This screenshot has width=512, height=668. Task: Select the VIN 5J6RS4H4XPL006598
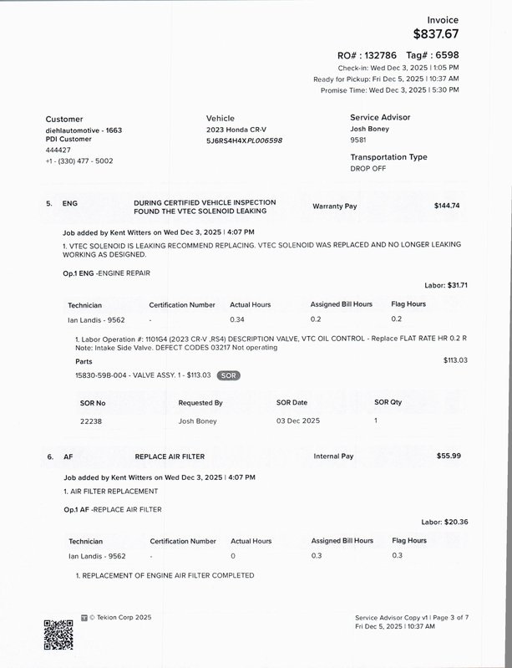(x=244, y=140)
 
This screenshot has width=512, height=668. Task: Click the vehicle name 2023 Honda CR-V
(x=236, y=130)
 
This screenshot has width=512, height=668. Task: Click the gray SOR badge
(x=228, y=375)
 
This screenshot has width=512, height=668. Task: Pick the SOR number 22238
(x=91, y=421)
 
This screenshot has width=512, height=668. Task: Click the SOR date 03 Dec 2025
(x=297, y=421)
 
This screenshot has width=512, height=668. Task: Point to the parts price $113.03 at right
(x=455, y=360)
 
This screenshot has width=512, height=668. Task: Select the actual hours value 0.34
(x=237, y=319)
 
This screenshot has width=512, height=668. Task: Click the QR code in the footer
(x=58, y=635)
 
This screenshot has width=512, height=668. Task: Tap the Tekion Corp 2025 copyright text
(x=119, y=618)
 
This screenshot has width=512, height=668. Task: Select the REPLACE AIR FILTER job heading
(x=170, y=456)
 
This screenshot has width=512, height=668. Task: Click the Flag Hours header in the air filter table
(x=409, y=541)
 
